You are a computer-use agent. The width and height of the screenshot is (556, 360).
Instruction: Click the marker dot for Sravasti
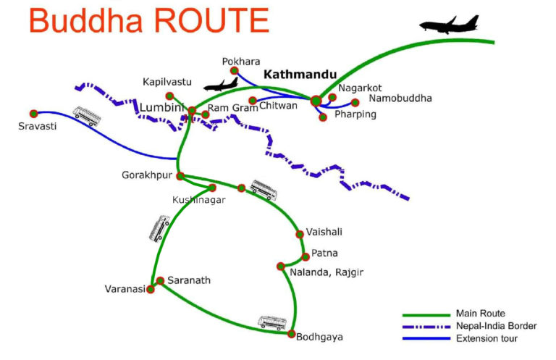pos(34,114)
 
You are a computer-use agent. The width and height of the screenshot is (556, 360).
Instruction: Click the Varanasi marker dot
pos(151,290)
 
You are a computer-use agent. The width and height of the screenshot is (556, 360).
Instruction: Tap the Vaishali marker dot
pos(299,234)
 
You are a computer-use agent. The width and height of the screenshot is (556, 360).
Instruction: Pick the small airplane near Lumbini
pos(221,83)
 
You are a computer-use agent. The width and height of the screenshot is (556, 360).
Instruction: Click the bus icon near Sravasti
pos(85,116)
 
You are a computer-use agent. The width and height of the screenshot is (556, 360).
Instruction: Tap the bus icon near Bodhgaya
pos(272,322)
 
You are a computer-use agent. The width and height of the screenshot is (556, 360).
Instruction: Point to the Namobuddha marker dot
pos(355,102)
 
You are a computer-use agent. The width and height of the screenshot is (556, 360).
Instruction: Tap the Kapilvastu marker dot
pos(169,96)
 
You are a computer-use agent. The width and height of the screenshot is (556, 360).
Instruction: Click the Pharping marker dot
pos(323,117)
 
